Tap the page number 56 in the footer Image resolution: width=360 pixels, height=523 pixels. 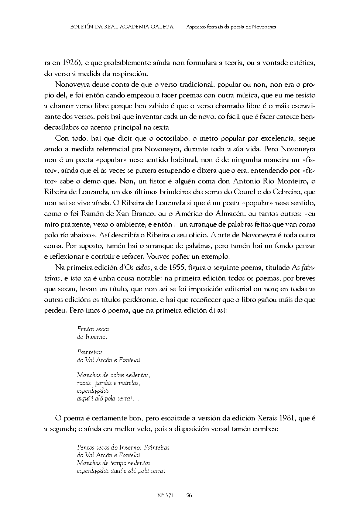coord(189,495)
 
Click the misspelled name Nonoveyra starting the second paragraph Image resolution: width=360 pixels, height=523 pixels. coord(70,85)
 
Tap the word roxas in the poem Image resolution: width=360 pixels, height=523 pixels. coord(84,383)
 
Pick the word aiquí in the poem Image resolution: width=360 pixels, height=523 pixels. coord(83,399)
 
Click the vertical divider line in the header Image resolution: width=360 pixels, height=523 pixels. coord(180,27)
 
